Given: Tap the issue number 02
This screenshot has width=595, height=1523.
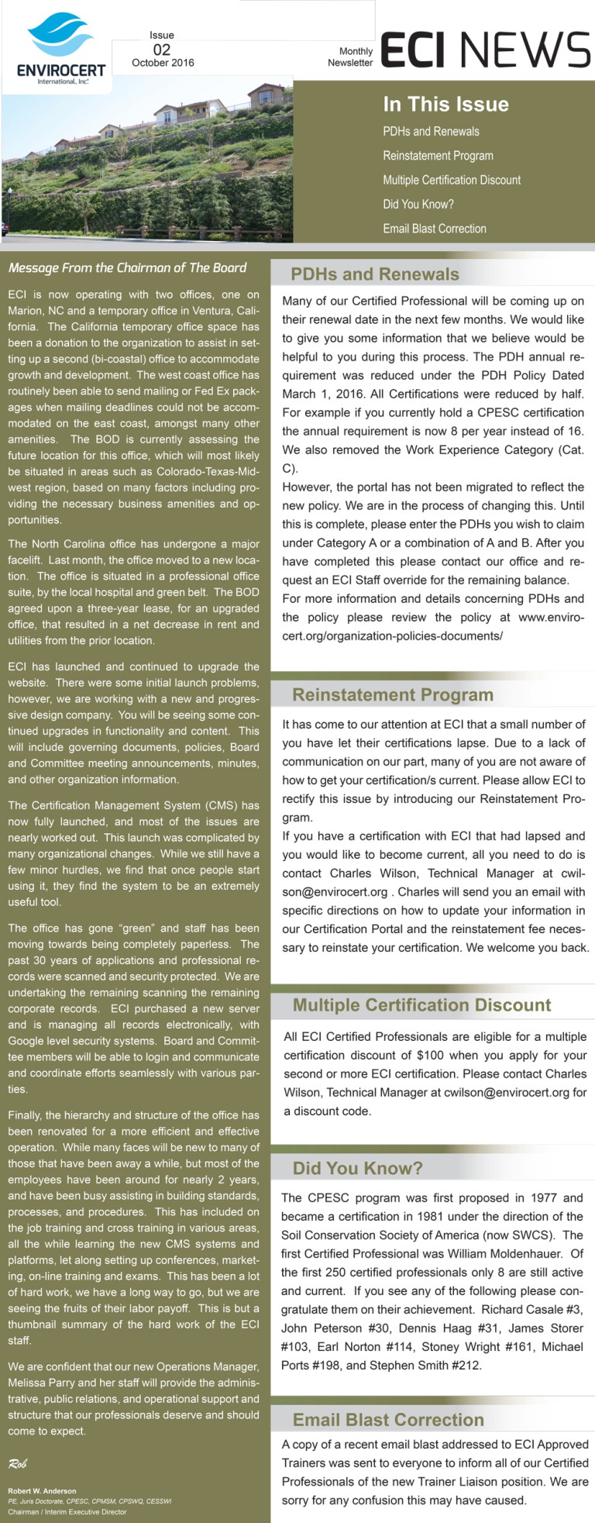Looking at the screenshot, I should (161, 49).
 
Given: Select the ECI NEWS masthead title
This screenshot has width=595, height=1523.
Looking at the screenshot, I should (485, 50).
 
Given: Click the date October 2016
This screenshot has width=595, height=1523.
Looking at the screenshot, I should (163, 63).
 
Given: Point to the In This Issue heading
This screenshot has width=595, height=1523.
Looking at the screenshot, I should (445, 105).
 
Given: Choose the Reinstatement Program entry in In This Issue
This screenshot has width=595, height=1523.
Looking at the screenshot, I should (438, 156).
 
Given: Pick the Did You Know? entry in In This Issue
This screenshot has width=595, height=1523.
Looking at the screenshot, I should (418, 205).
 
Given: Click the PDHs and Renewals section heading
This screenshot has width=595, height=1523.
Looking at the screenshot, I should (375, 274).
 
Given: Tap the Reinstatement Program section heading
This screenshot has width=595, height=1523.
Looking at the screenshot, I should (393, 695).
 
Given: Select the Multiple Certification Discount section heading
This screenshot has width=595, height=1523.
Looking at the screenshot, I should (421, 1005).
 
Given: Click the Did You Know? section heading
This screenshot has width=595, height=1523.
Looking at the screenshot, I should (357, 1168).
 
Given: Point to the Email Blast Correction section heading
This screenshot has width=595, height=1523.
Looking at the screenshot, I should (388, 1420).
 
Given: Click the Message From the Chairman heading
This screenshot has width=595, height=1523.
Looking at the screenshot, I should (127, 268).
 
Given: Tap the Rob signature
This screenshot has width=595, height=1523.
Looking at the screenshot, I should (17, 1463).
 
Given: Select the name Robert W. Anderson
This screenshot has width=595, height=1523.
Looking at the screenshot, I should (42, 1490).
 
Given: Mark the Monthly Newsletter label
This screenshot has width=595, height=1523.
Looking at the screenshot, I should (350, 57).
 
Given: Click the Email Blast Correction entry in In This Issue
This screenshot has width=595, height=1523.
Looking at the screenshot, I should (435, 229).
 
